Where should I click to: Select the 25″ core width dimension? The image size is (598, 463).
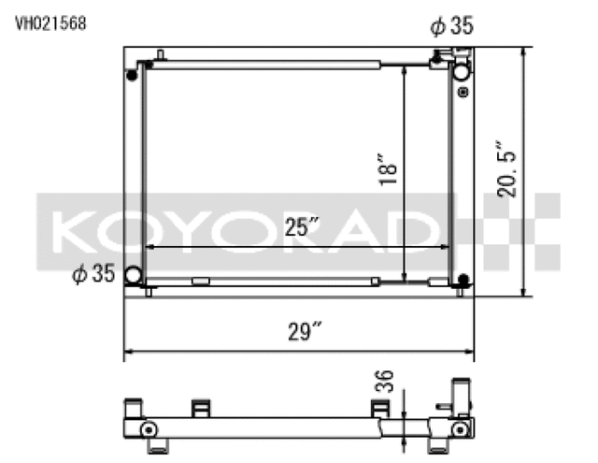tap(302, 227)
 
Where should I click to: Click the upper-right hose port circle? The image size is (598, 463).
tap(462, 72)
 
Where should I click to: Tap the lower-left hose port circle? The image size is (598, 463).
tap(134, 275)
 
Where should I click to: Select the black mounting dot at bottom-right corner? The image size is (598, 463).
tap(463, 280)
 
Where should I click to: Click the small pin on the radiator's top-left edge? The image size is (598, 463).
tap(161, 55)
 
